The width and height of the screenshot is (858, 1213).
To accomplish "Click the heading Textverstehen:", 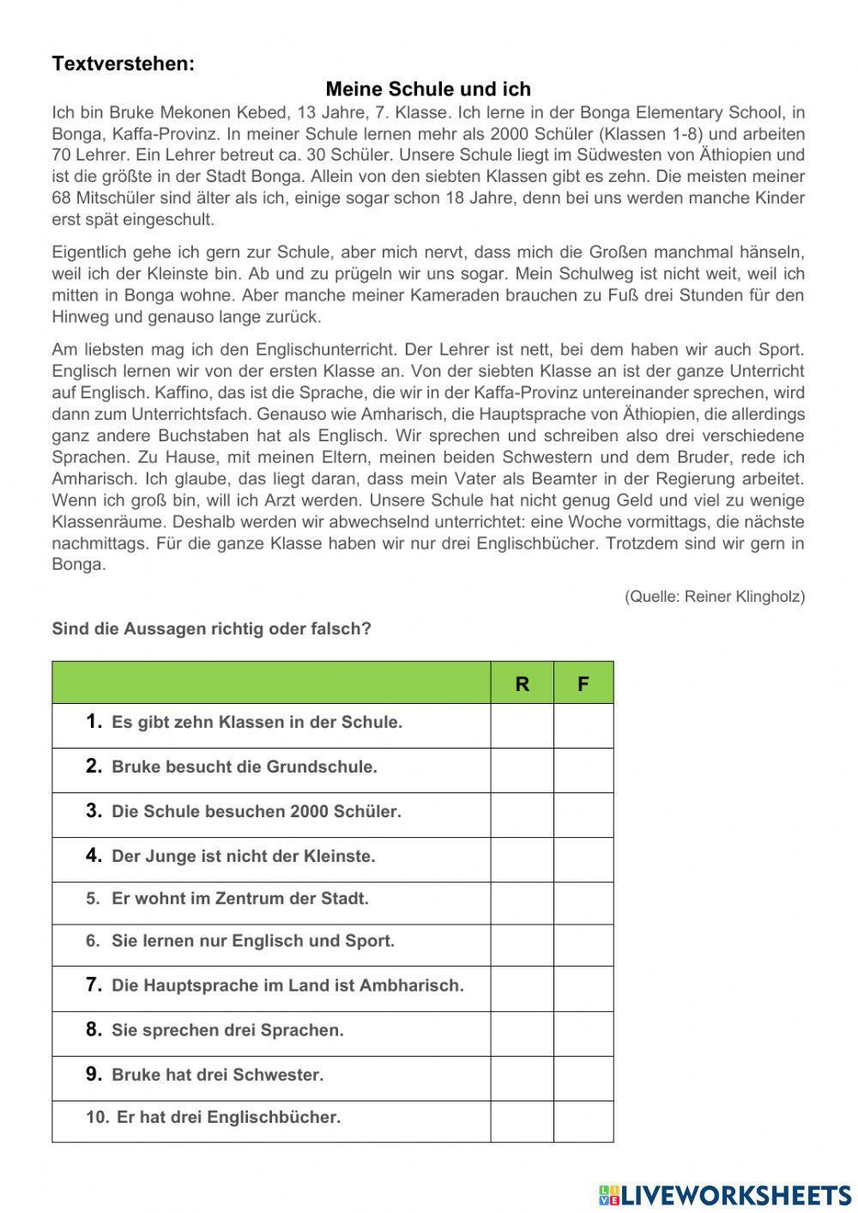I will [x=124, y=64].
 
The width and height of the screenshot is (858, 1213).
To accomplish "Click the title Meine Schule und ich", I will [x=428, y=89].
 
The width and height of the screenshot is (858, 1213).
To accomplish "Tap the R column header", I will [x=522, y=683].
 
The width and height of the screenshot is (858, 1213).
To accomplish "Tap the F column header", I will [x=583, y=683].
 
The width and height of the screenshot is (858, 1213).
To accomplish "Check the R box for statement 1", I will [x=522, y=725].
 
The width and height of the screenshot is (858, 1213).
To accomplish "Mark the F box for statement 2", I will [x=583, y=770].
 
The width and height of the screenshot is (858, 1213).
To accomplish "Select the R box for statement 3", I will [x=522, y=815].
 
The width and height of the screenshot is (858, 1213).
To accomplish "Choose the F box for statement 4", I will [x=583, y=859].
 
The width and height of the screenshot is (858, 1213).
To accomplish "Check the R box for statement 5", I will [x=522, y=903].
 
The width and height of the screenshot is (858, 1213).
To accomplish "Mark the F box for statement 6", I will [x=583, y=945].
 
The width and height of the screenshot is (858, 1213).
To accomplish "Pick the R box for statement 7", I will [x=522, y=989].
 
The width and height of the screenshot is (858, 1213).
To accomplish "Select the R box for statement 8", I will [x=522, y=1034].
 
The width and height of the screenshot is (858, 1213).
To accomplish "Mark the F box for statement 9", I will [x=583, y=1078].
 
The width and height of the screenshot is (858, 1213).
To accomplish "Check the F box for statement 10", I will [x=583, y=1121].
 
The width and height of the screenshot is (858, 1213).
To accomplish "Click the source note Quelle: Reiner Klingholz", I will [x=715, y=596].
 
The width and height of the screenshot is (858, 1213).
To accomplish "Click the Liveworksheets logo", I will [x=725, y=1194].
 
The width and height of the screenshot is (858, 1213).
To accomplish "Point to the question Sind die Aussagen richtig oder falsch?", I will [x=212, y=628].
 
